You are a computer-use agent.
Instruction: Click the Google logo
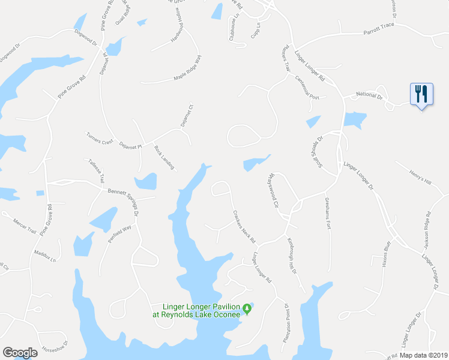20,353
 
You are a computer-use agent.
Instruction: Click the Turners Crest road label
100,137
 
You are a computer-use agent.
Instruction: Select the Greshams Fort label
328,213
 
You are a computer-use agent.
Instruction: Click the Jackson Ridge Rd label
428,231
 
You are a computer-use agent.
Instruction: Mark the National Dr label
369,94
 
